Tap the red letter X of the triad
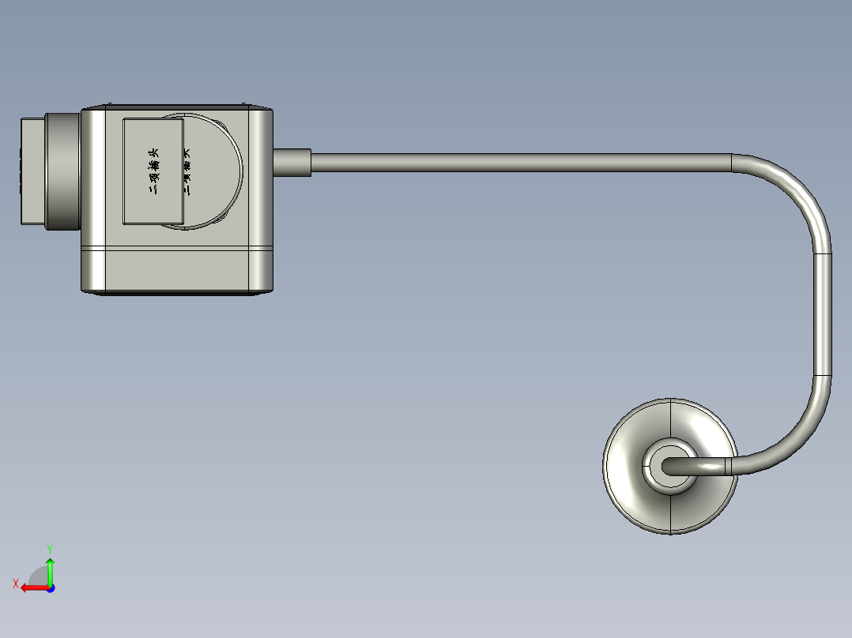coord(16,584)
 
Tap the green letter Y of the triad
coord(49,547)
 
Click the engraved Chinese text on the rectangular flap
coord(155,171)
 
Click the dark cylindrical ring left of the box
coord(63,172)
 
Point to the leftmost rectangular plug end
coord(32,171)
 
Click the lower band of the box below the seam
coord(178,269)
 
